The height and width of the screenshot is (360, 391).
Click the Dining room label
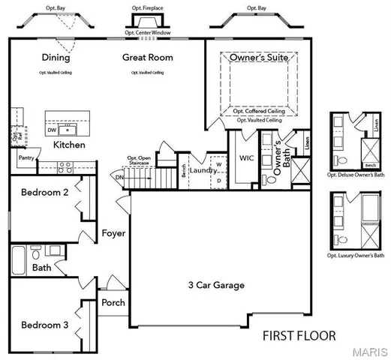point(56,58)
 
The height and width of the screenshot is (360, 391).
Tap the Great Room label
point(148,58)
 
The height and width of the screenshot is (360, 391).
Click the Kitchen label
point(68,144)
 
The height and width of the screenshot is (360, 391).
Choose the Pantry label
point(26,158)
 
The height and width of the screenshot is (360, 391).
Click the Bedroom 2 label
point(44,193)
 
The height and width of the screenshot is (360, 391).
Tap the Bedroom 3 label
point(44,325)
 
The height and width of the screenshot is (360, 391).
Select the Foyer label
point(113,234)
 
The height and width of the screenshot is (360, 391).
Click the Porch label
point(113,303)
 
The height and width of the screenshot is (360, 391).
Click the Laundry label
point(202,170)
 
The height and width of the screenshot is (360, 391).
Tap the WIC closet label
point(248,159)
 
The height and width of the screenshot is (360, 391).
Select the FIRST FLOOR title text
point(299,335)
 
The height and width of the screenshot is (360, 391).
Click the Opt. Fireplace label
point(148,9)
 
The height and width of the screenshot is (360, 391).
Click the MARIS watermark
point(371,352)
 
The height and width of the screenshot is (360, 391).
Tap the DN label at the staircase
point(120,178)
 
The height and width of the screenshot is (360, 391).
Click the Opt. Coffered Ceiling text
point(258,111)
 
